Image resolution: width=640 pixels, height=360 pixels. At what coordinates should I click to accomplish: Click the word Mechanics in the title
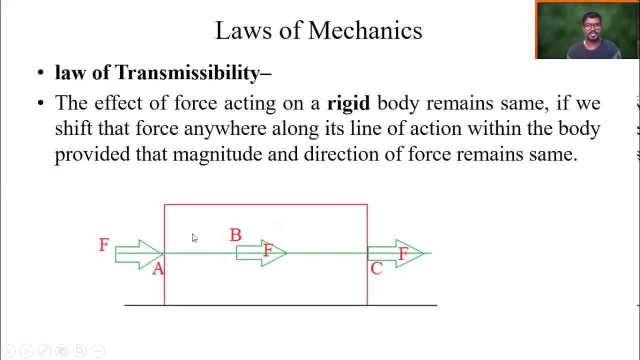(365, 31)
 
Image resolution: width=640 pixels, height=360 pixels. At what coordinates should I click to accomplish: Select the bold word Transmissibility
(187, 73)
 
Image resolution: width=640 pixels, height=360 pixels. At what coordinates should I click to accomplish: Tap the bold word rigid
(348, 103)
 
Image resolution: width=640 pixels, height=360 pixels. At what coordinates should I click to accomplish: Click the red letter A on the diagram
(158, 269)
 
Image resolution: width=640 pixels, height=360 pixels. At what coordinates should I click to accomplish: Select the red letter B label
(235, 235)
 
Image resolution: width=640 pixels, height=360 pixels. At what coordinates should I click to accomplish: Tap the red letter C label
(376, 269)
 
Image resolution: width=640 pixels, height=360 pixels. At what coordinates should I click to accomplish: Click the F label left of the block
(103, 245)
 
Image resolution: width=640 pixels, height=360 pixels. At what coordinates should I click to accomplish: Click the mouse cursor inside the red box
(194, 238)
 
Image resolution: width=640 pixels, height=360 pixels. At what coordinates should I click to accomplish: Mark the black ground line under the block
(280, 305)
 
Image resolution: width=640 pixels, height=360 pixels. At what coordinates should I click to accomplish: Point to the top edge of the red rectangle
(265, 204)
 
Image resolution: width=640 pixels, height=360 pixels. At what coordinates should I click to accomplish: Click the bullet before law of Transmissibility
(41, 73)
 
